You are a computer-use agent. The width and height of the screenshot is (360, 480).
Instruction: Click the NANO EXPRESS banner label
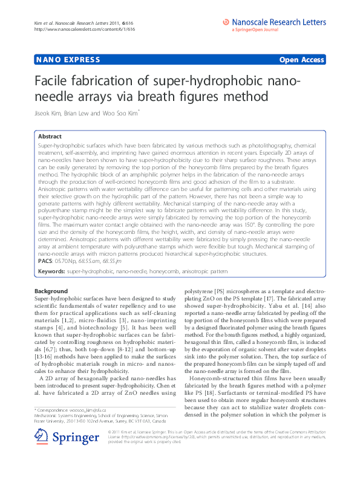click(59, 60)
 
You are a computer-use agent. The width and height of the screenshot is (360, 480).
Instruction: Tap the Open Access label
click(301, 60)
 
